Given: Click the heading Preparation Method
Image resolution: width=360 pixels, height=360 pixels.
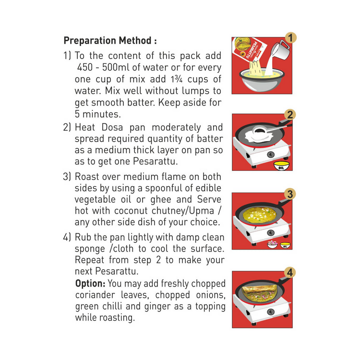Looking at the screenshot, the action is (110, 40).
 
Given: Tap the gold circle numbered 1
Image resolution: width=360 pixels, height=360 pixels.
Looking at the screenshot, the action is (290, 38).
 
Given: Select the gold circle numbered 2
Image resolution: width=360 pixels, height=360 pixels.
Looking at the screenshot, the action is (290, 115).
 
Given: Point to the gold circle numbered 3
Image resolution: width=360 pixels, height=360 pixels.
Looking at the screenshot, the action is (290, 194).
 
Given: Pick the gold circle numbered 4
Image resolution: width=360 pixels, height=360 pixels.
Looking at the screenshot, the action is (290, 273).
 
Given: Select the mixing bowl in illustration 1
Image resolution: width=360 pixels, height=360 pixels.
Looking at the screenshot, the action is (262, 80).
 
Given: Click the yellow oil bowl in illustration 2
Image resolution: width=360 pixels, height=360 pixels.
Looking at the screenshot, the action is (281, 166).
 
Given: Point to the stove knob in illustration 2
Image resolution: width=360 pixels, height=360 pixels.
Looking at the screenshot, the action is (271, 155).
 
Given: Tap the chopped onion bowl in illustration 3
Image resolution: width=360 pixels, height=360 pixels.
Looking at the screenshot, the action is (273, 244).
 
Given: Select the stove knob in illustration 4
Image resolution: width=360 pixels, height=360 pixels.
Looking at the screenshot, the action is (271, 312).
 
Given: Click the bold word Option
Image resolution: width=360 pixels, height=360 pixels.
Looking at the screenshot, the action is (90, 284).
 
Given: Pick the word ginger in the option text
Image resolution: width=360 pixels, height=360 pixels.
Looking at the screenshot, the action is (158, 307).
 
